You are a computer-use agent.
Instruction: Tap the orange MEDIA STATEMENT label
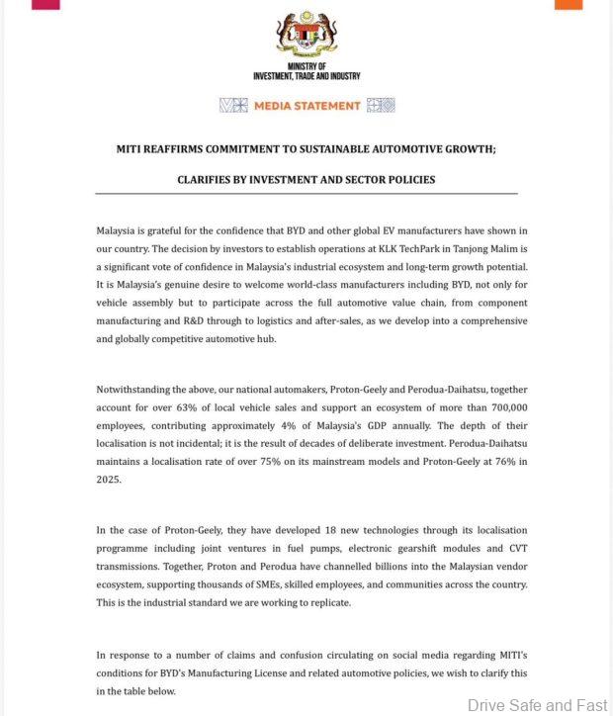(x=306, y=105)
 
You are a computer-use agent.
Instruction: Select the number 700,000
(x=504, y=406)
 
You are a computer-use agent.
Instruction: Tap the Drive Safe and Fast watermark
(x=537, y=705)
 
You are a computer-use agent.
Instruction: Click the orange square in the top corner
(x=569, y=4)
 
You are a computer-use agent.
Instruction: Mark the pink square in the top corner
(x=45, y=4)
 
